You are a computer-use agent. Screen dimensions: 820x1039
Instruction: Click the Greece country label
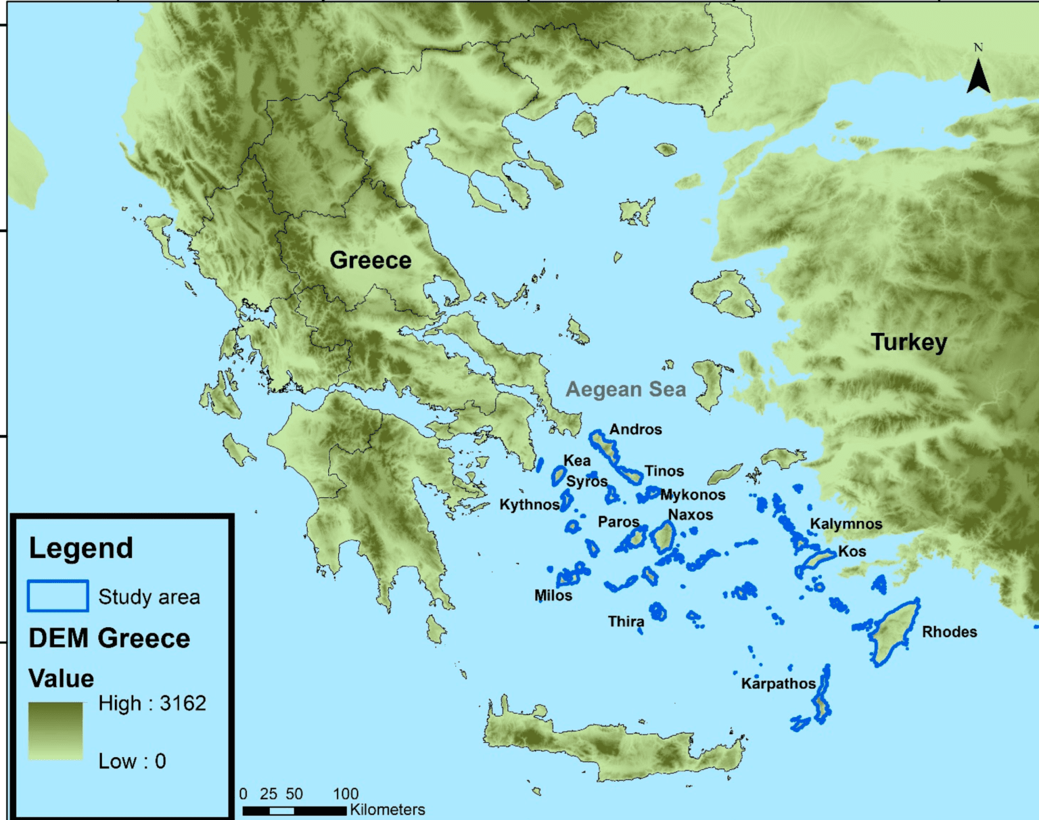pos(370,260)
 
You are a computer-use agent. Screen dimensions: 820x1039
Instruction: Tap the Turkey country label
pos(908,342)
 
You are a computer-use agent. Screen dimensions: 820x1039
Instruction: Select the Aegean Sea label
pos(626,390)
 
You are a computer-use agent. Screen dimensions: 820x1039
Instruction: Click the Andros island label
pos(635,430)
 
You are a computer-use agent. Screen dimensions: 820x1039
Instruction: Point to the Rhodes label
pos(949,632)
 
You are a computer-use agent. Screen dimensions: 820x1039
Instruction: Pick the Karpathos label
pos(778,683)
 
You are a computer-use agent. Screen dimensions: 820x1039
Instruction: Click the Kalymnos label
pos(846,524)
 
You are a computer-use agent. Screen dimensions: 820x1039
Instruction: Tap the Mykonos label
pos(692,495)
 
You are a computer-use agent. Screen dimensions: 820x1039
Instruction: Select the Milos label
pos(553,595)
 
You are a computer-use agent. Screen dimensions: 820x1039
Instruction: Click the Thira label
pos(626,621)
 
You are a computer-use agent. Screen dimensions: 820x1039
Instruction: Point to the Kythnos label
pos(529,505)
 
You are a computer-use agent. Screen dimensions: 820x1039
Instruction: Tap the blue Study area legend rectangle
pos(57,596)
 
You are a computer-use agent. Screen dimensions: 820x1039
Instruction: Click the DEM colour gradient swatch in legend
pos(55,731)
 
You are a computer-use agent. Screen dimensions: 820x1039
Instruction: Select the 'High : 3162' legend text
pos(152,704)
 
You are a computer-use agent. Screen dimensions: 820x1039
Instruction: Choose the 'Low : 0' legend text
pos(132,761)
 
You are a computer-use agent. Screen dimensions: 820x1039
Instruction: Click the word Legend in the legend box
pos(80,548)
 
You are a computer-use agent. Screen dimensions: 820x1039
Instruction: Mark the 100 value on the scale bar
pos(346,794)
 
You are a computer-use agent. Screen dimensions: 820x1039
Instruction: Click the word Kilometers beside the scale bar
pos(387,810)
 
